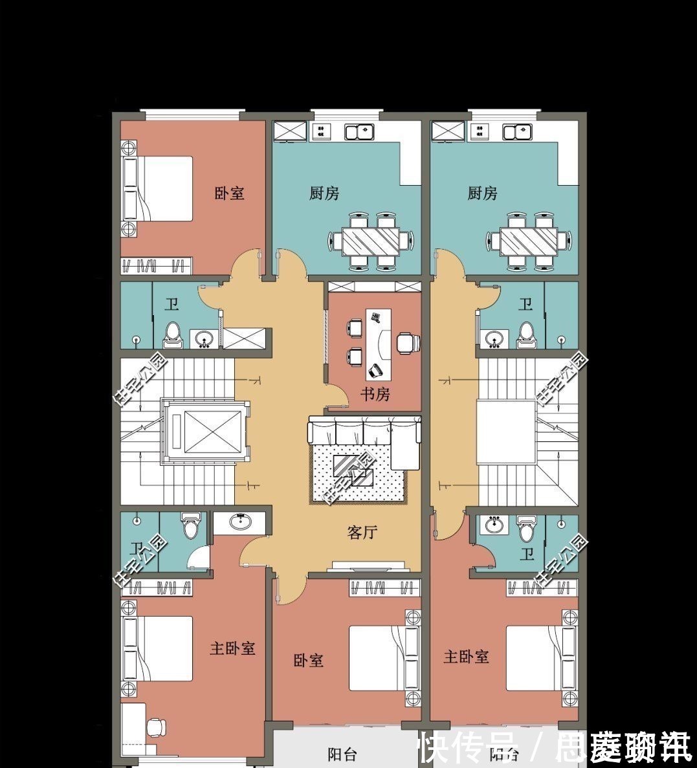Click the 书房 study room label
pyautogui.click(x=375, y=393)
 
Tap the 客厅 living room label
pyautogui.click(x=362, y=532)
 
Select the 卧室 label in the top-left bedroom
pyautogui.click(x=230, y=193)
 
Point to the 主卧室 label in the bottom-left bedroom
pyautogui.click(x=232, y=648)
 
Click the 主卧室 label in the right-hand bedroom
pyautogui.click(x=466, y=657)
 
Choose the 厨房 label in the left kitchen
pyautogui.click(x=324, y=193)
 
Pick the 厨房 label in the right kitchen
pyautogui.click(x=482, y=193)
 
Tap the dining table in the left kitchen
pyautogui.click(x=371, y=241)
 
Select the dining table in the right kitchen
pyautogui.click(x=529, y=241)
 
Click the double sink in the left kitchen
pyautogui.click(x=360, y=132)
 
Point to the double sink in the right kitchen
pyautogui.click(x=518, y=132)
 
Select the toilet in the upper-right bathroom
pyautogui.click(x=526, y=332)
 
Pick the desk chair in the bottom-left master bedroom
pyautogui.click(x=156, y=727)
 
